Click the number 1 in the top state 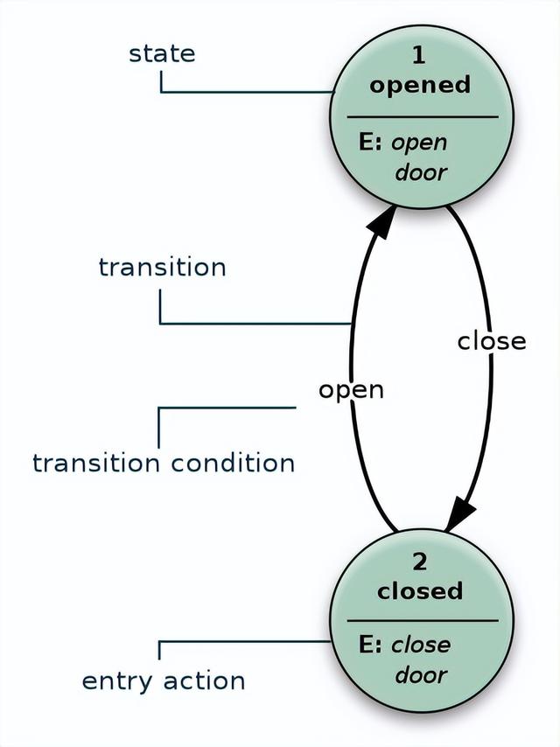pos(418,55)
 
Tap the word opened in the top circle pos(420,85)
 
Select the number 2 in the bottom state pos(420,562)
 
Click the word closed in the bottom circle pos(420,591)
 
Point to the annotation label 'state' pos(162,53)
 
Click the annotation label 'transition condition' pos(164,463)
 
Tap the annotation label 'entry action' pos(164,681)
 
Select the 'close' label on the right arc pos(492,340)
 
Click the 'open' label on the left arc pos(351,389)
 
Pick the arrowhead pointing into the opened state pos(381,222)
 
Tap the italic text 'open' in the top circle pos(419,143)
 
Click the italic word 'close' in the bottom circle pos(421,646)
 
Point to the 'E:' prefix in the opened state pos(372,142)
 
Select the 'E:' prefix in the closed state pos(372,645)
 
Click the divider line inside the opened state pos(422,116)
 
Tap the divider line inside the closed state pos(422,621)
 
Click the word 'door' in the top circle pos(420,171)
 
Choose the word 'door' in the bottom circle pos(420,674)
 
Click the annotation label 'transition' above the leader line pos(162,267)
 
